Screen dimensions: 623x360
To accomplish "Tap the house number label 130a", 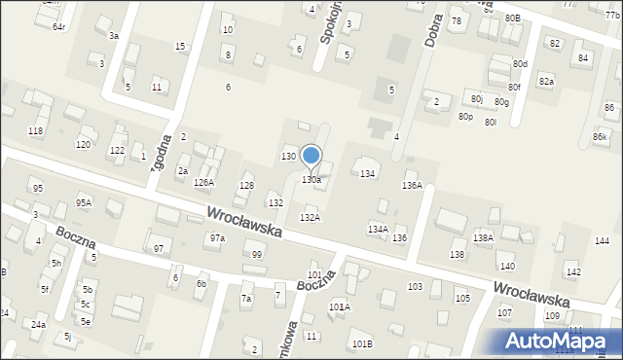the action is tap(311, 180).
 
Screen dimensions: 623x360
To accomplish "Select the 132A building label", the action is tap(310, 218).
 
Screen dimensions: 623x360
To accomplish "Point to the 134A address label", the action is tap(378, 230).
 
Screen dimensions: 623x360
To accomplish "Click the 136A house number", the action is tap(413, 185).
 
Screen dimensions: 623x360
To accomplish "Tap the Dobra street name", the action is tap(433, 33).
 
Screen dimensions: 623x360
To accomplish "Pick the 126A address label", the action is tap(203, 182).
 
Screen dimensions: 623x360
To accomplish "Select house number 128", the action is tap(247, 185).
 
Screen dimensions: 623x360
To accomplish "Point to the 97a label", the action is tap(217, 237).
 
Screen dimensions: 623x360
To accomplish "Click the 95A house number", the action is tap(84, 202).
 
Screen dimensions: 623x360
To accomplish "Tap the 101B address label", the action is tap(362, 343).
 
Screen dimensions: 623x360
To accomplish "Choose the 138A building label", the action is tap(483, 237).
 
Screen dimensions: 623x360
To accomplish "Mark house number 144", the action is tap(602, 240).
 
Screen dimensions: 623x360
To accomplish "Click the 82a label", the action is tap(546, 82).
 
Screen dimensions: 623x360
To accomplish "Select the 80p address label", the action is tap(465, 117).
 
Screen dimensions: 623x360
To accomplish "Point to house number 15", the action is tap(180, 47).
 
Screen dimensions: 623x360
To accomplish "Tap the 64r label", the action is tap(58, 26).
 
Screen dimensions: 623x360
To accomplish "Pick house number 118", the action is tap(36, 130).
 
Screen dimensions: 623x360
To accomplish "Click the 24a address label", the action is tap(38, 324).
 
